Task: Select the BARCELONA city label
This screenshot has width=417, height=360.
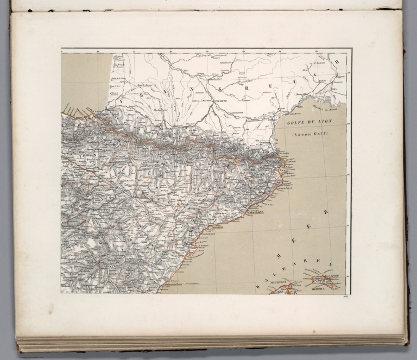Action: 255,213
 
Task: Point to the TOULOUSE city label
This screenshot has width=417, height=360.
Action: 219,101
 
